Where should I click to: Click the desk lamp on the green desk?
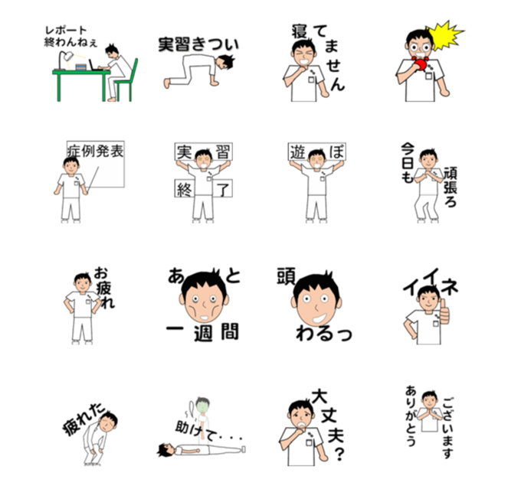(64, 60)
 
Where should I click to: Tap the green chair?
(128, 81)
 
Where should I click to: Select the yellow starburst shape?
(444, 36)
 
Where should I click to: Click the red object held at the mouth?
(421, 63)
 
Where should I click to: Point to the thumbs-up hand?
(444, 313)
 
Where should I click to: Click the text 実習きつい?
(198, 44)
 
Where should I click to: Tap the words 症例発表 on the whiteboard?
(95, 151)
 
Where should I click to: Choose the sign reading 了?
(222, 189)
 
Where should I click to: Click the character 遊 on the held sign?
(298, 152)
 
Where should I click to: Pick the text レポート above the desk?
(66, 31)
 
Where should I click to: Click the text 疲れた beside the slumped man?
(84, 419)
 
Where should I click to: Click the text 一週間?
(202, 332)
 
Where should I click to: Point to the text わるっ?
(323, 333)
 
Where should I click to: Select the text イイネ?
(431, 282)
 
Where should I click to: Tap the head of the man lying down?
(166, 450)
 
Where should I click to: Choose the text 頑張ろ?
(451, 187)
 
